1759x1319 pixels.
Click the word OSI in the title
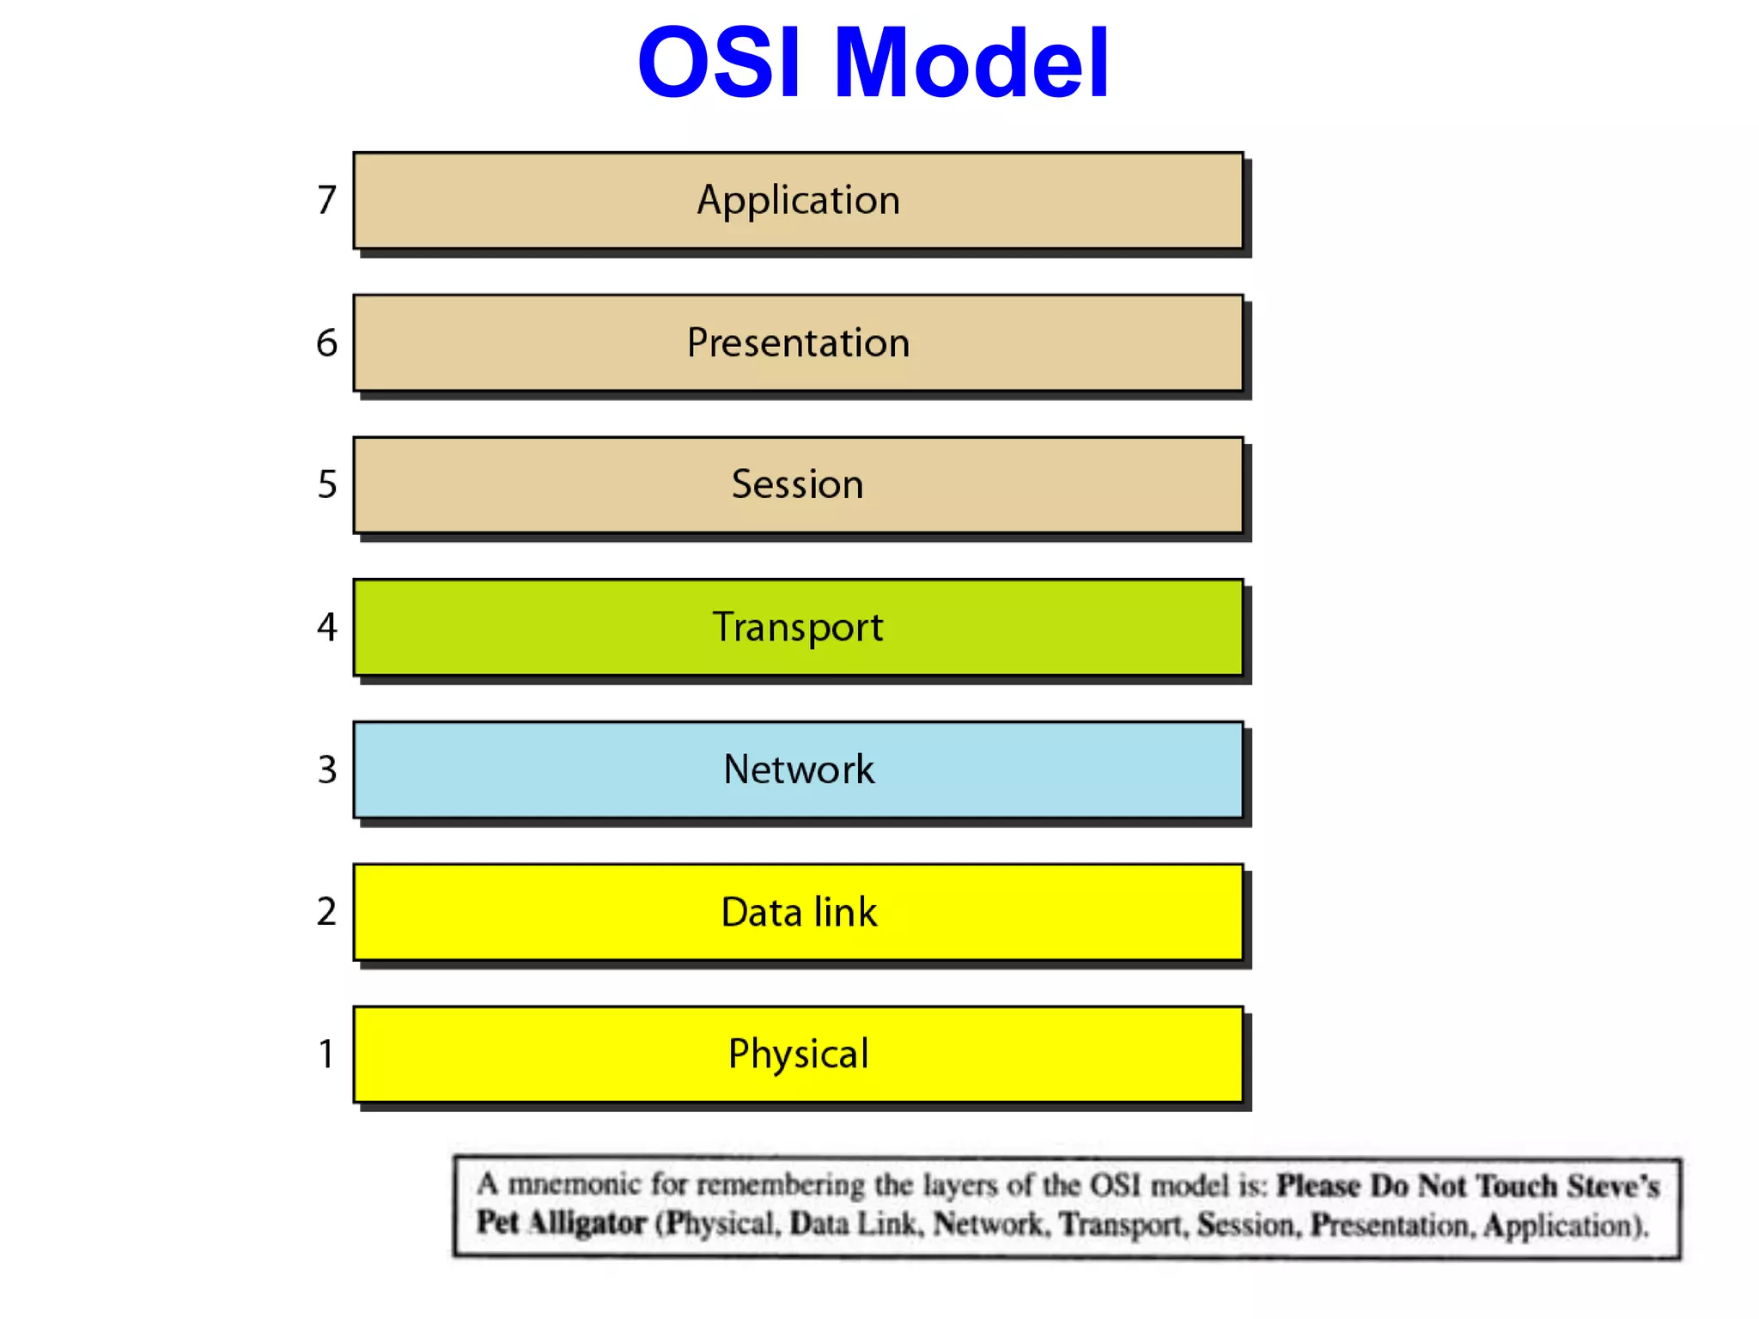[x=720, y=63]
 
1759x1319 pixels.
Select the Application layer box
[x=798, y=201]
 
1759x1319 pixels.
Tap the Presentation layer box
[x=798, y=343]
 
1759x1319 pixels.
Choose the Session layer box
[x=798, y=485]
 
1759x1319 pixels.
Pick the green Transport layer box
[x=798, y=628]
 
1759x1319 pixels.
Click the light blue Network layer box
[x=798, y=769]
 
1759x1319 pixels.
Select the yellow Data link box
[x=798, y=912]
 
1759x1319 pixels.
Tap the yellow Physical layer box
[x=798, y=1055]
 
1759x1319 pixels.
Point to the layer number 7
[x=326, y=200]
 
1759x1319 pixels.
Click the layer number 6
[x=326, y=343]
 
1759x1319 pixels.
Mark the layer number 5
[x=327, y=484]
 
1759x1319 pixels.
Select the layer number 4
[x=327, y=627]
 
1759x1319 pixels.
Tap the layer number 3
[x=327, y=769]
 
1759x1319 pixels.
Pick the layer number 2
[x=326, y=911]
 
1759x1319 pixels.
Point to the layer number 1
[x=326, y=1054]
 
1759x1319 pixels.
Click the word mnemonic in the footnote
[x=574, y=1184]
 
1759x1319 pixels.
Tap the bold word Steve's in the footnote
[x=1613, y=1186]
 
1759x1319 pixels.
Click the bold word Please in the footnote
[x=1318, y=1186]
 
